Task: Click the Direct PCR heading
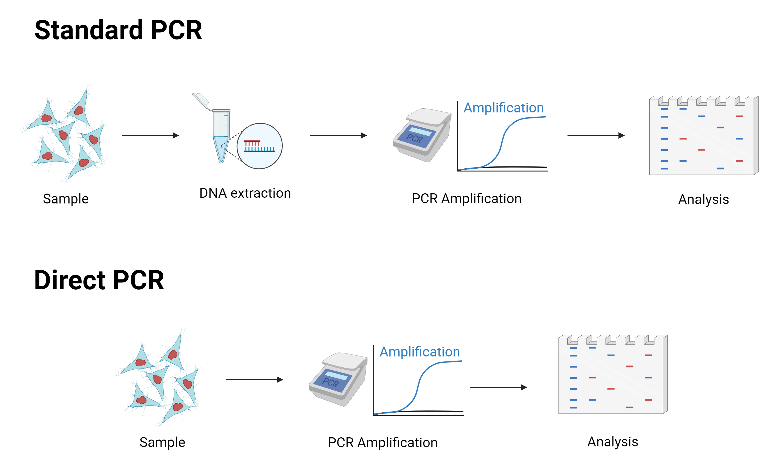[99, 280]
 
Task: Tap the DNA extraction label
[245, 193]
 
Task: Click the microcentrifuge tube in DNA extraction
[221, 135]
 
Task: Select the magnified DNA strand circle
[260, 146]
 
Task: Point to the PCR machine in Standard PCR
[423, 135]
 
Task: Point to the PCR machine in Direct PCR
[338, 379]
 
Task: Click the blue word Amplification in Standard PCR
[504, 108]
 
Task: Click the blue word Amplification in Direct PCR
[420, 352]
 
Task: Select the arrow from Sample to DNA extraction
[151, 135]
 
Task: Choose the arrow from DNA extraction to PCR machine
[338, 135]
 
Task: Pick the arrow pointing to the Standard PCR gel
[596, 135]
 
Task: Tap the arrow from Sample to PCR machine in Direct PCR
[254, 379]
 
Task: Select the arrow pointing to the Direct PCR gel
[498, 387]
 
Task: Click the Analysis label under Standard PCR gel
[703, 199]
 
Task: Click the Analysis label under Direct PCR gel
[613, 442]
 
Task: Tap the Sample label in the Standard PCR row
[66, 199]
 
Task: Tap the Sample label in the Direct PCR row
[162, 442]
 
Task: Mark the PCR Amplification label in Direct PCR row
[383, 443]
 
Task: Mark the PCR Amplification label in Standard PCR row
[466, 199]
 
